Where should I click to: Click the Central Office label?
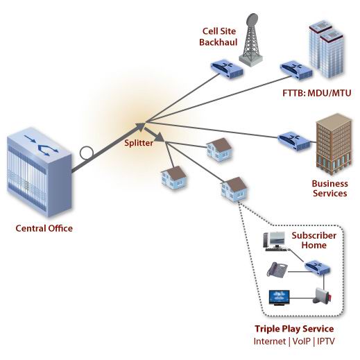pyautogui.click(x=44, y=228)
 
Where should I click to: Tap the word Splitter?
pyautogui.click(x=139, y=143)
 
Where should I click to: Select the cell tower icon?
pyautogui.click(x=250, y=40)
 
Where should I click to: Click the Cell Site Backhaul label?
pyautogui.click(x=218, y=37)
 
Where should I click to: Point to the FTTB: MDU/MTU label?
pyautogui.click(x=317, y=93)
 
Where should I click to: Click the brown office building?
pyautogui.click(x=334, y=144)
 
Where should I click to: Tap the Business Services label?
pyautogui.click(x=330, y=189)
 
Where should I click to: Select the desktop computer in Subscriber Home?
pyautogui.click(x=275, y=241)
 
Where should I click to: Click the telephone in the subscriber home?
pyautogui.click(x=277, y=270)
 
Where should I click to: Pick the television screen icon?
pyautogui.click(x=279, y=298)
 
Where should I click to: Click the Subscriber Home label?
pyautogui.click(x=314, y=240)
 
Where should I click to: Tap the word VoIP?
pyautogui.click(x=301, y=341)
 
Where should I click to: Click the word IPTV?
pyautogui.click(x=326, y=341)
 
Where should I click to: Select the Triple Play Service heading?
pyautogui.click(x=294, y=329)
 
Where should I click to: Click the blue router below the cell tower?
pyautogui.click(x=227, y=68)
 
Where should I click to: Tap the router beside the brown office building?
pyautogui.click(x=293, y=141)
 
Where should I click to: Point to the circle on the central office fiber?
pyautogui.click(x=87, y=153)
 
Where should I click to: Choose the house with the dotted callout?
pyautogui.click(x=234, y=189)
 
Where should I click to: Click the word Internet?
pyautogui.click(x=270, y=341)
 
